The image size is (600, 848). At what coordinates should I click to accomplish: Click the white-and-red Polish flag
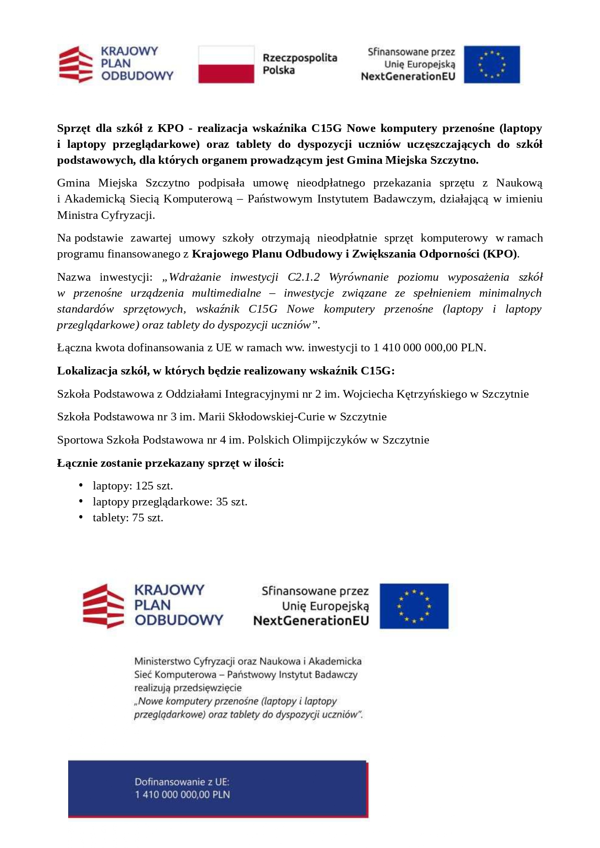(226, 65)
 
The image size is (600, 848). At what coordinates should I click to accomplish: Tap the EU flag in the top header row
(492, 65)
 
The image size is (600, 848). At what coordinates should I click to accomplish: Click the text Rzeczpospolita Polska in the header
(300, 64)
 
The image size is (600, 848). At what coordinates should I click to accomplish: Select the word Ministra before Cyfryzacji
(77, 216)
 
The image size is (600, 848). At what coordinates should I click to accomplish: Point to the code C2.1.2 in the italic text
(304, 277)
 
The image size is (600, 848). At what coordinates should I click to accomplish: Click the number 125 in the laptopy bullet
(144, 486)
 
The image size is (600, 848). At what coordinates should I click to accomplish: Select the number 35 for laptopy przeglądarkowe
(222, 502)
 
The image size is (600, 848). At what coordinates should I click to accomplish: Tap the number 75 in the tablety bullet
(138, 518)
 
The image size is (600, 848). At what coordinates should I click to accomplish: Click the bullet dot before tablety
(81, 517)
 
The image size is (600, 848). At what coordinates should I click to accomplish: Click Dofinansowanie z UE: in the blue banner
(182, 782)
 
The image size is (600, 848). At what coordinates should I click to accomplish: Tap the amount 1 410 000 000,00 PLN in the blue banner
(183, 795)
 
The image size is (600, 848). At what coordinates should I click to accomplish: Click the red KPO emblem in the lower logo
(103, 606)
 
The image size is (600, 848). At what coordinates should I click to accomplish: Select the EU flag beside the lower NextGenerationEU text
(414, 606)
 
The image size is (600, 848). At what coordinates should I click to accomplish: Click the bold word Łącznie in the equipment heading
(77, 463)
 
